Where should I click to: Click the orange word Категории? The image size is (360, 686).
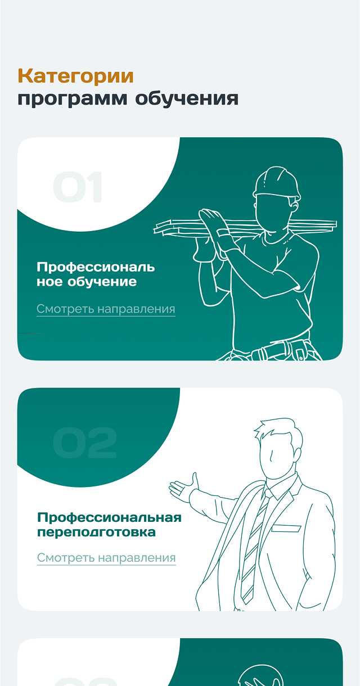coord(76,76)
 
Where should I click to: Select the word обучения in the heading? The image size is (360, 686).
coord(187,98)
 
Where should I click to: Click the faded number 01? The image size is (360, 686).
coord(77,187)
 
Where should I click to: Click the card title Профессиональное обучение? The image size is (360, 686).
coord(96,274)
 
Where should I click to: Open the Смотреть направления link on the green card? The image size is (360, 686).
coord(106,309)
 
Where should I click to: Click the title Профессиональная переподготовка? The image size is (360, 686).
coord(109,525)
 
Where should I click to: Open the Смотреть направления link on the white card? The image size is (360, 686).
coord(106,558)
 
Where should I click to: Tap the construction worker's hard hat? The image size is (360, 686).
coord(277,182)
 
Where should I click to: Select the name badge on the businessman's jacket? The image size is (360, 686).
coord(286,529)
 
